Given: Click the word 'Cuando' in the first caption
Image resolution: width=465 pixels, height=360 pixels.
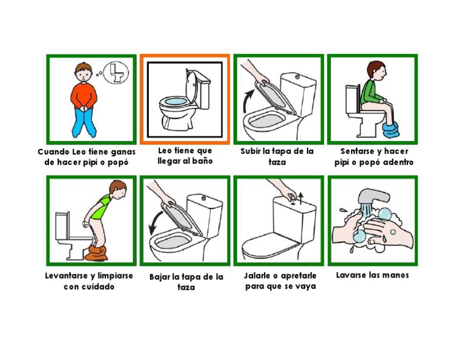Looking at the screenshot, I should click(53, 152).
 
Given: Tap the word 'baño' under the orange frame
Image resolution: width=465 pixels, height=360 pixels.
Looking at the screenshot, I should click(202, 161).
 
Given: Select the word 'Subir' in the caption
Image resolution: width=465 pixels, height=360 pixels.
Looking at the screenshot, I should click(251, 151).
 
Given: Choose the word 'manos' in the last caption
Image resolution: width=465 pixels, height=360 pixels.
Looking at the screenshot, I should click(395, 275).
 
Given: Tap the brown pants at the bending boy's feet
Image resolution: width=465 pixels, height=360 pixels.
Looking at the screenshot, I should click(96, 253).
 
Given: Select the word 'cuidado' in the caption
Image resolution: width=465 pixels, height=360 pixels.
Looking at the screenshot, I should click(97, 286).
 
